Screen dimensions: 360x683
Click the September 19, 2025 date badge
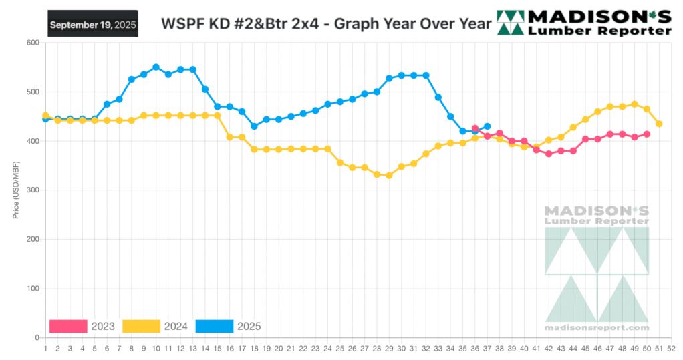pos(93,24)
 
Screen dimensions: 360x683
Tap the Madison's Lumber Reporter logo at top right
pos(585,23)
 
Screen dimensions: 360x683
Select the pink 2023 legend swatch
pos(68,326)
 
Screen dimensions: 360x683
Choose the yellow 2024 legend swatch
pos(141,326)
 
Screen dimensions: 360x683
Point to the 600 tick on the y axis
pos(32,43)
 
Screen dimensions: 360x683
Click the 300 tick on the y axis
pos(32,190)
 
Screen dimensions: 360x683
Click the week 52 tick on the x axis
pos(671,348)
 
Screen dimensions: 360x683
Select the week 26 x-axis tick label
pos(352,348)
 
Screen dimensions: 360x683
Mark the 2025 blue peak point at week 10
pos(156,67)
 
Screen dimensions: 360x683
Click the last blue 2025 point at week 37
pos(487,126)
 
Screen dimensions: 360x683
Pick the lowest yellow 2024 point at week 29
pos(389,176)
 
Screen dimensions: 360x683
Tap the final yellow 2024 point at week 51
pos(659,124)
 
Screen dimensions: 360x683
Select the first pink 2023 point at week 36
pos(475,128)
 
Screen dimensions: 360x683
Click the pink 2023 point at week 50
pos(647,134)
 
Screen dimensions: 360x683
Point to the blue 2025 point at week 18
pos(254,126)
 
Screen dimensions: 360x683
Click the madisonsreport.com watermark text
pos(597,327)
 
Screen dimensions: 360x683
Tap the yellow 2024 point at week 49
pos(635,104)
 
